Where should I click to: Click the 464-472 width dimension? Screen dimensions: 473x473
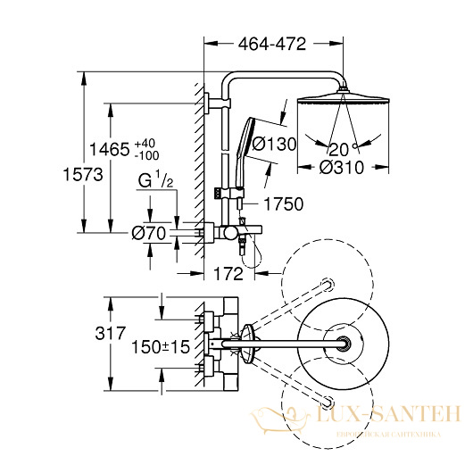[272, 44]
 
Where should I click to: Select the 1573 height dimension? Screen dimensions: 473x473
[83, 175]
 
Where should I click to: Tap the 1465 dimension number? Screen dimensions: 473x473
[110, 149]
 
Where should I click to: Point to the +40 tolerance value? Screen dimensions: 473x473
[145, 144]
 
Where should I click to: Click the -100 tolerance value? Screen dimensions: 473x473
[146, 155]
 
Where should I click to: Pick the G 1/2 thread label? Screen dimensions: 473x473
[155, 180]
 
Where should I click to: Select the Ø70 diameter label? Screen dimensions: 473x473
[149, 233]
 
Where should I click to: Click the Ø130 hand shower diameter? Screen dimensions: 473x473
[274, 144]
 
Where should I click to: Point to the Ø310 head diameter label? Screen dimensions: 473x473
[342, 168]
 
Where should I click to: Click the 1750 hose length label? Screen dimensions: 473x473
[284, 204]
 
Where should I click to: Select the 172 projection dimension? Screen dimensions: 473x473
[228, 274]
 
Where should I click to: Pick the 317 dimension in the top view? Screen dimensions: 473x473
[110, 334]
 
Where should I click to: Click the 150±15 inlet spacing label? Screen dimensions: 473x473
[161, 347]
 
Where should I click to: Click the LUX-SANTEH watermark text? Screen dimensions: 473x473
[387, 414]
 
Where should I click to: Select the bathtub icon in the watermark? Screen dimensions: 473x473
[280, 419]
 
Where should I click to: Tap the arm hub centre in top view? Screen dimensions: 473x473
[343, 344]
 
